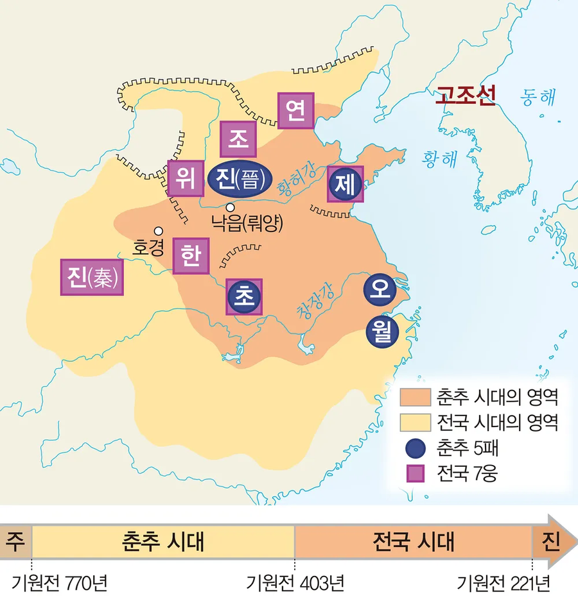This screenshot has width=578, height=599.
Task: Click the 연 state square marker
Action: [x=295, y=112]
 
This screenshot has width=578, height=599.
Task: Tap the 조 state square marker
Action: [x=238, y=139]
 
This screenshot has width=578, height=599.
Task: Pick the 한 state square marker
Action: [x=191, y=257]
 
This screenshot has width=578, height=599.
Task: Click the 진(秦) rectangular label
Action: [x=92, y=277]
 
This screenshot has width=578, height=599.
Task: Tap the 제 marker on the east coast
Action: [x=346, y=184]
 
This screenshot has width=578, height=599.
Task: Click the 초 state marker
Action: [x=245, y=296]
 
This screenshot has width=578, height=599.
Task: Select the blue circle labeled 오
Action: [x=378, y=290]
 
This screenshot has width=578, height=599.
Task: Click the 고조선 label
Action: [x=465, y=96]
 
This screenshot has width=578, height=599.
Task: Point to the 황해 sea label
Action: [x=439, y=158]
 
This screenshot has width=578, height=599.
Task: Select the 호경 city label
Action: [x=148, y=247]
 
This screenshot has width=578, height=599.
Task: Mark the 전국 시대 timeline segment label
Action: [x=413, y=542]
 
